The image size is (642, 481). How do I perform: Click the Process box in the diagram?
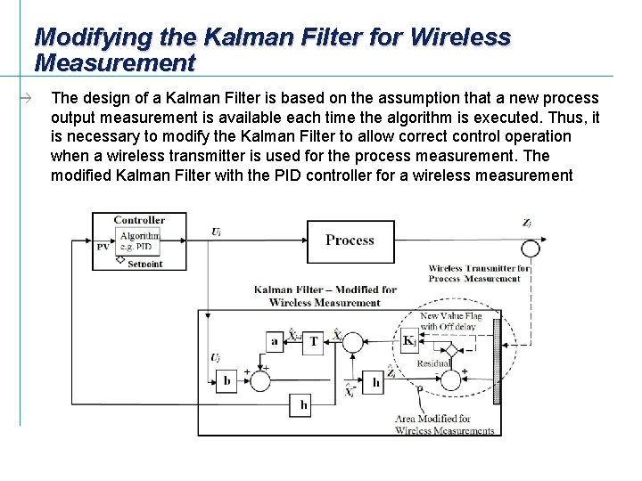(x=350, y=240)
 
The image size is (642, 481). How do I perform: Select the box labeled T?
(x=313, y=342)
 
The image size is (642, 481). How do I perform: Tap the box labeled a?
(x=273, y=342)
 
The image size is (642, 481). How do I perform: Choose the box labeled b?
(x=226, y=381)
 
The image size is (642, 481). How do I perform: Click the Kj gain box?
(x=409, y=341)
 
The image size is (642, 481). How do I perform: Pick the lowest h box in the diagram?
(x=303, y=406)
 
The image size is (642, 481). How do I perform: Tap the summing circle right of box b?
(x=260, y=380)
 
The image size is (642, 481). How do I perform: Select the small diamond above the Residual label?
(x=452, y=350)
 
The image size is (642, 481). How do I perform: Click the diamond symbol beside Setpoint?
(x=120, y=260)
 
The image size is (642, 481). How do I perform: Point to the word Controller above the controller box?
(x=139, y=219)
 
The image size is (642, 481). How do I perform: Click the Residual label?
(x=434, y=363)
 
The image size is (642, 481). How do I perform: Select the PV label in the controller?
(x=103, y=246)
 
